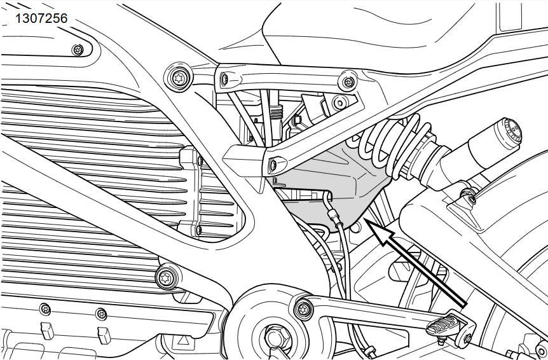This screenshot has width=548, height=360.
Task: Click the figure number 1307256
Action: (41, 18)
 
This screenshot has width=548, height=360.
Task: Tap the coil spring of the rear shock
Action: (392, 143)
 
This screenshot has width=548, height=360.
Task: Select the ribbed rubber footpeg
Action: (443, 325)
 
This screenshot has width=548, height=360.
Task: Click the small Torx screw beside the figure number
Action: (78, 50)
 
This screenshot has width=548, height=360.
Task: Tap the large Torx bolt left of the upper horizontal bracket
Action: (179, 77)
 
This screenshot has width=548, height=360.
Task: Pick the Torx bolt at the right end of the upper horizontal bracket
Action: (348, 82)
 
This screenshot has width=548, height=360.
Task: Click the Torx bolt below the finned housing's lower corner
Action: (166, 278)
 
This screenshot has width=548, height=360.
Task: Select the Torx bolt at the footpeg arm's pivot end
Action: (303, 309)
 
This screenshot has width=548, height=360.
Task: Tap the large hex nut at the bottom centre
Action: (277, 337)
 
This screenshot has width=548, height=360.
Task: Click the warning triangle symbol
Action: (183, 340)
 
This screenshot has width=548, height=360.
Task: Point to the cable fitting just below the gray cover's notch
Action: (335, 220)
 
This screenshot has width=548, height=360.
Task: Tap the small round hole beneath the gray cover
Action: (355, 228)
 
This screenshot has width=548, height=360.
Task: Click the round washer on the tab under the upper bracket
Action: (339, 102)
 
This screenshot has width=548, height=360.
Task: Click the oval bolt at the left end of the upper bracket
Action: (224, 80)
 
